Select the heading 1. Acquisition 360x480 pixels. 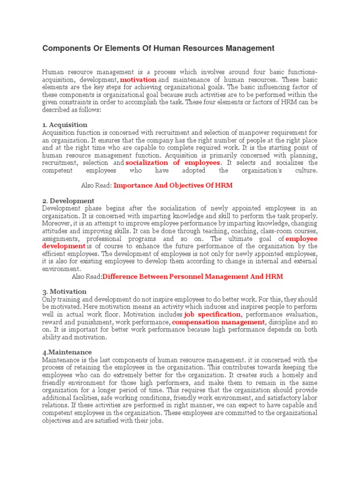[65, 125]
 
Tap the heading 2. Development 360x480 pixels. [68, 201]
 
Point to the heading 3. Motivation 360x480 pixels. [64, 292]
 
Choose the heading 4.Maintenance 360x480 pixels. [67, 352]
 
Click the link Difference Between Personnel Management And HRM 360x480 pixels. [193, 277]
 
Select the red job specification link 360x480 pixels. [212, 315]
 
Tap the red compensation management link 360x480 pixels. [218, 322]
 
